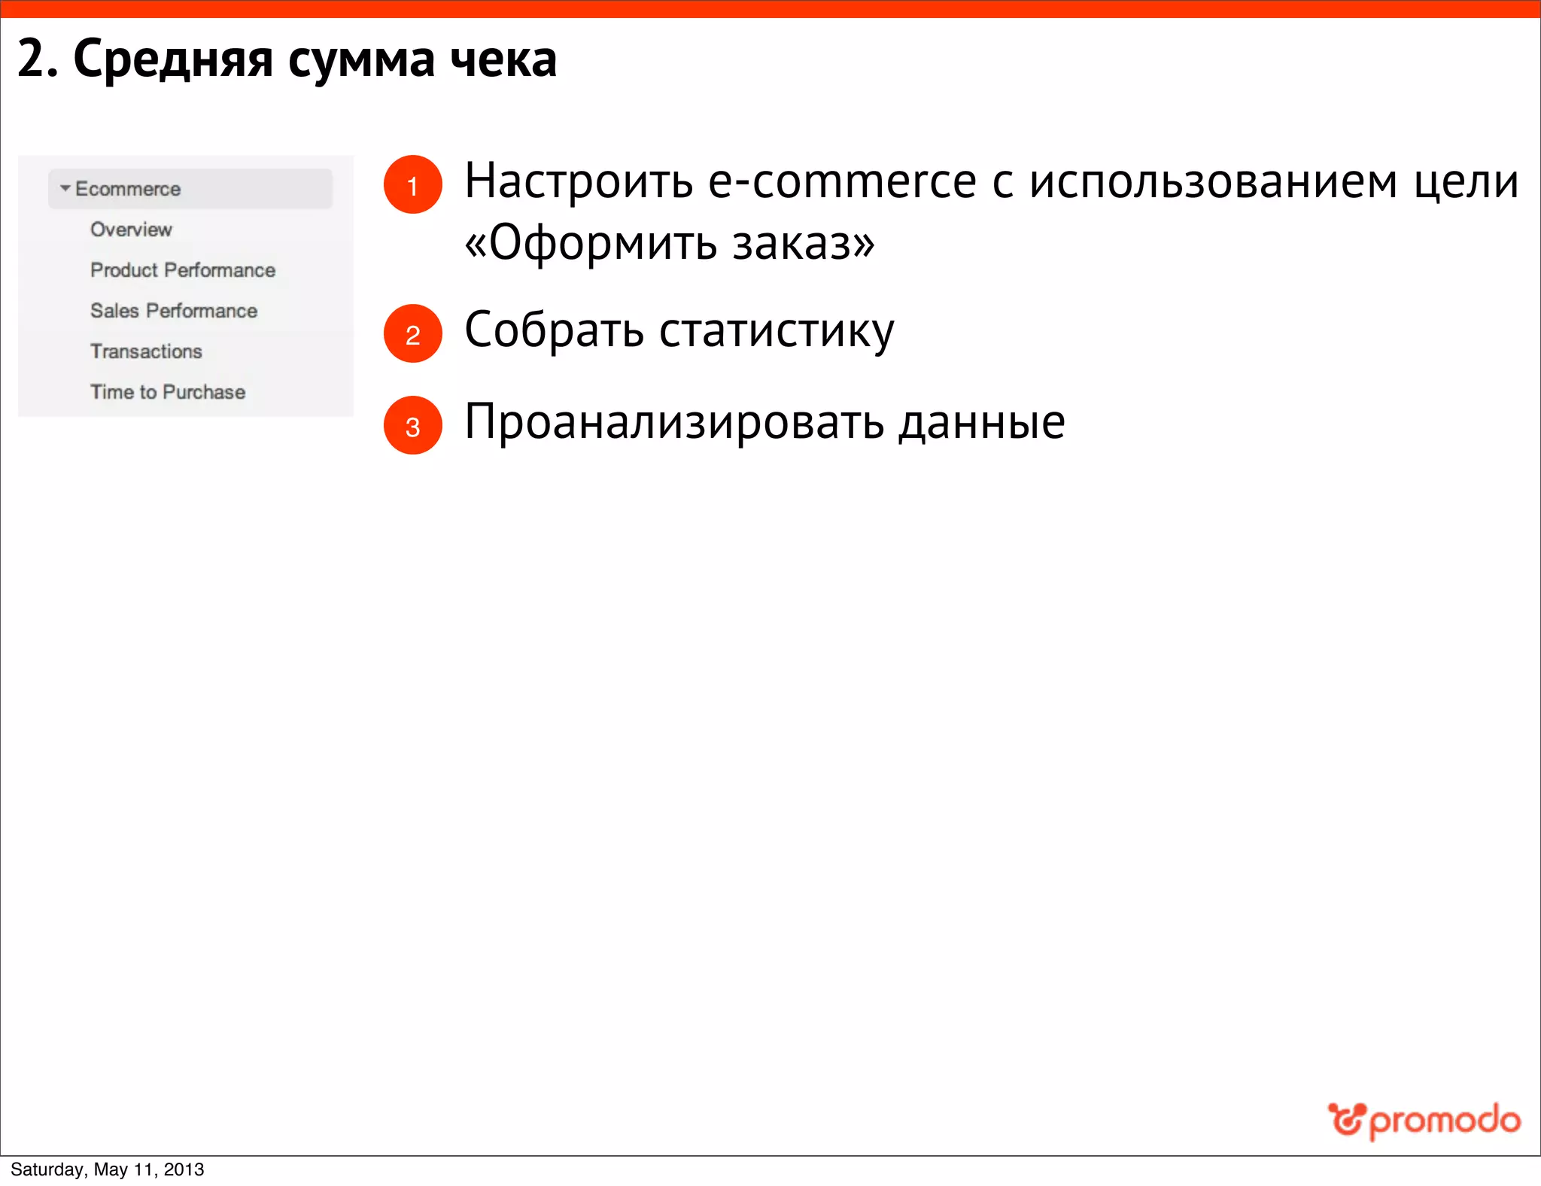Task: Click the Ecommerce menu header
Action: (x=128, y=189)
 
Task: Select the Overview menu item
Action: (x=131, y=230)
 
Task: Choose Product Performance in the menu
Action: (x=183, y=270)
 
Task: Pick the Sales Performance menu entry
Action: (x=174, y=311)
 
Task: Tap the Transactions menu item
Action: (x=146, y=351)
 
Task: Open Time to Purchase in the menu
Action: (x=168, y=392)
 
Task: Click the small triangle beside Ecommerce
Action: (x=65, y=188)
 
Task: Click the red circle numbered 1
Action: (x=412, y=184)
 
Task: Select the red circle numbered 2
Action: (x=412, y=333)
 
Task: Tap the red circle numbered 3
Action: (x=412, y=425)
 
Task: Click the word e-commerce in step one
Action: (x=842, y=182)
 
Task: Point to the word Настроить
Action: (x=578, y=182)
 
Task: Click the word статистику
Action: (x=777, y=331)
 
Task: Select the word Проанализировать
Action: (x=674, y=423)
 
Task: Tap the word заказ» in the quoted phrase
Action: (x=804, y=244)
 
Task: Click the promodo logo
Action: (x=1424, y=1121)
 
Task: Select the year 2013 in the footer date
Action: (x=184, y=1169)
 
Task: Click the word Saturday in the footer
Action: (x=47, y=1169)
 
